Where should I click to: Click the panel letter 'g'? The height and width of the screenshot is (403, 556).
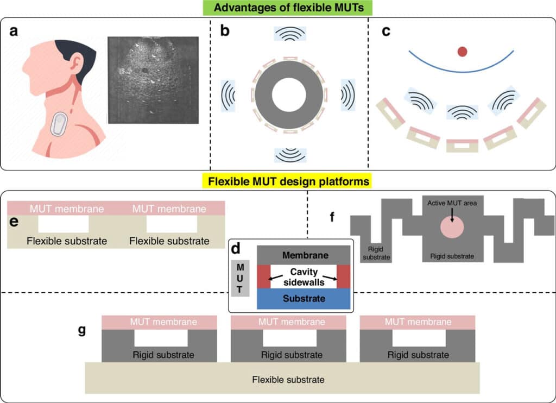click(82, 330)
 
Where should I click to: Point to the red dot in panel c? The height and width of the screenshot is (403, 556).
click(462, 52)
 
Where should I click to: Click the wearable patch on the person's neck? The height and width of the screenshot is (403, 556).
click(58, 125)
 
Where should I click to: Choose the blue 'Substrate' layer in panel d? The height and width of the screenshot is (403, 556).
click(304, 298)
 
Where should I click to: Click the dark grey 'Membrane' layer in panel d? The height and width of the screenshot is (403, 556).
click(304, 255)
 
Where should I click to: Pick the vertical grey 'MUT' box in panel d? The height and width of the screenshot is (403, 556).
click(240, 278)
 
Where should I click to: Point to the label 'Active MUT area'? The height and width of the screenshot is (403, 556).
click(452, 204)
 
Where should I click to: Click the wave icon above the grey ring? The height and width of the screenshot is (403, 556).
click(289, 34)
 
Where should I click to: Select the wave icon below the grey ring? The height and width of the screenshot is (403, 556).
click(289, 155)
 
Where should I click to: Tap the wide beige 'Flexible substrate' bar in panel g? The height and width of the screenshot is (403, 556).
click(282, 379)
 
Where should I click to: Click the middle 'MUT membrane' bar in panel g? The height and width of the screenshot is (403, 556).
click(288, 322)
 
